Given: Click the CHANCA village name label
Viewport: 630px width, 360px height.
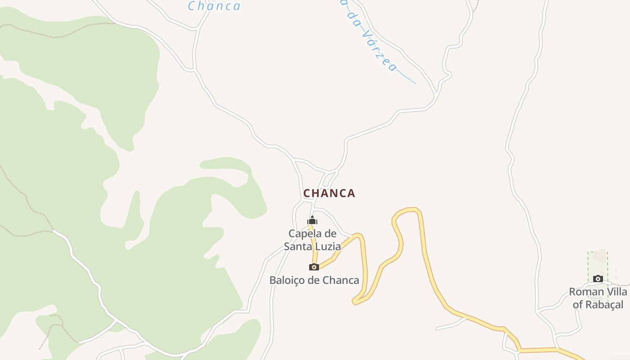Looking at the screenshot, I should coord(329,193).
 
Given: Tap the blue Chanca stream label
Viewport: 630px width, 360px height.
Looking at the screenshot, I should coord(214,6).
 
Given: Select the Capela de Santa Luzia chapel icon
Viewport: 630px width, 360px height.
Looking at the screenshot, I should coord(312,220).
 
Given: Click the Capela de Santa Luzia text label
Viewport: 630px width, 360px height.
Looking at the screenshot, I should coord(312,240).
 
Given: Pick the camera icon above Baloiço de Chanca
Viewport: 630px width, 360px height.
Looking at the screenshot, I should coord(314,267).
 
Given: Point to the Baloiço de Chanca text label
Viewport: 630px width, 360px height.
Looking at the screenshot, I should coord(314,280).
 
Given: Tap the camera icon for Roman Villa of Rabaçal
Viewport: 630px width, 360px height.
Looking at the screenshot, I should coord(598,279).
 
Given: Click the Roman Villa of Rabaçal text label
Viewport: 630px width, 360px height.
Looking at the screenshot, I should coord(598,298).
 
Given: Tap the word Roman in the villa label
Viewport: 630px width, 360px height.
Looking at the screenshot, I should coord(585,292).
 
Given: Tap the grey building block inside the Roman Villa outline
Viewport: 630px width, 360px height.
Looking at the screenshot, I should coord(599,256).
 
